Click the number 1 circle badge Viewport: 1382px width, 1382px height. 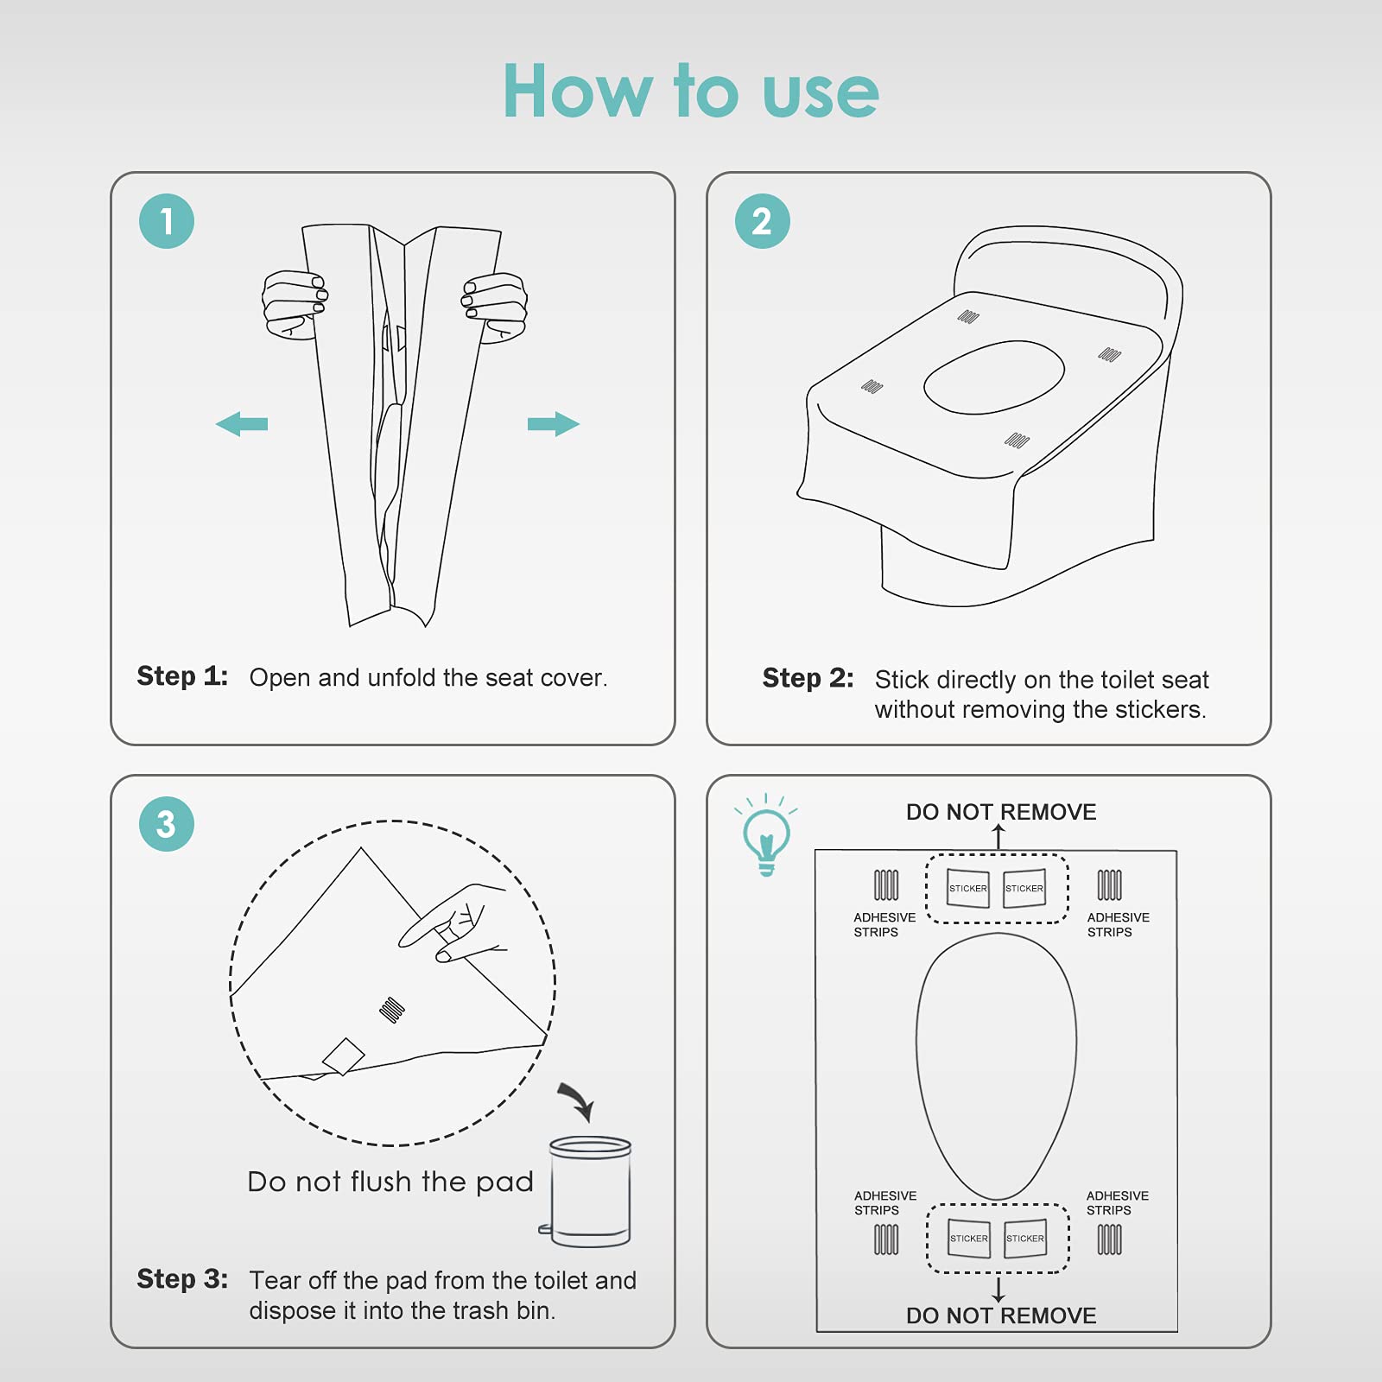(167, 221)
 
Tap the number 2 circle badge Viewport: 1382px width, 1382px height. (763, 221)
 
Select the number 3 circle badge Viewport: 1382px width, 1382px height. (167, 824)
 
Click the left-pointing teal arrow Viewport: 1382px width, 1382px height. (242, 424)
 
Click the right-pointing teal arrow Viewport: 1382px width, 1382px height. (554, 424)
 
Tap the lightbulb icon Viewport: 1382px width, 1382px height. (766, 834)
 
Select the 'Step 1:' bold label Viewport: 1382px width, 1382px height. (182, 676)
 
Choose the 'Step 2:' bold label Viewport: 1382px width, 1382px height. (808, 678)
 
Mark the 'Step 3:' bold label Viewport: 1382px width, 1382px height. (182, 1279)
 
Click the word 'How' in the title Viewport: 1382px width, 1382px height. (578, 92)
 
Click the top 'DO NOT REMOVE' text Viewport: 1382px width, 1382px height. (1001, 812)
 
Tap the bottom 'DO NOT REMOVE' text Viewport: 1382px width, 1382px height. (1001, 1315)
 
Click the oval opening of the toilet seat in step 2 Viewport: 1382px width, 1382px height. (994, 377)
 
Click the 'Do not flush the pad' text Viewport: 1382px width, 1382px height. (390, 1182)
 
